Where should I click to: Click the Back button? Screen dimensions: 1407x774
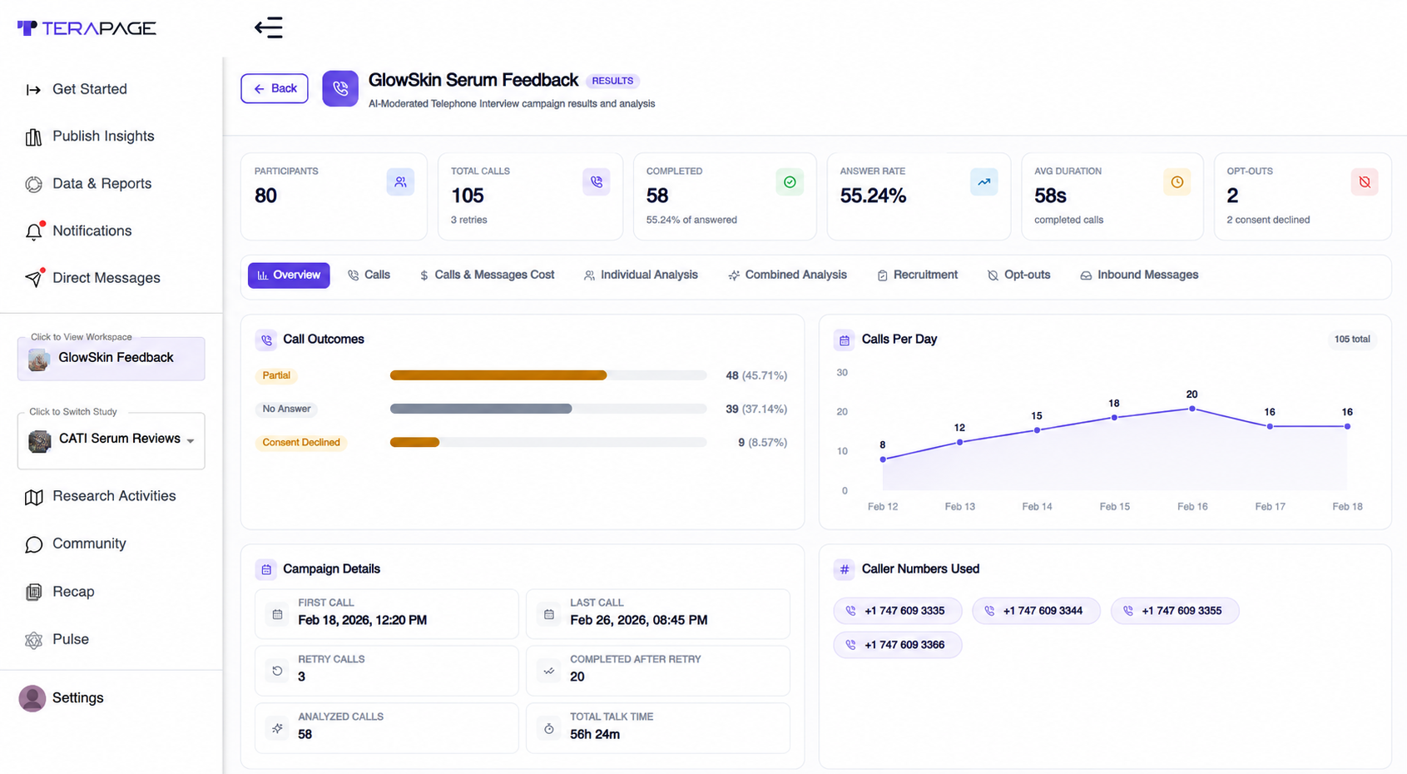275,88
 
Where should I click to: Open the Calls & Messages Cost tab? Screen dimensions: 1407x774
487,275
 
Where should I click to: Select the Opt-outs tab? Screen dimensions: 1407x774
1018,275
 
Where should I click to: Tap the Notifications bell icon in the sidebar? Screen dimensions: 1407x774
34,231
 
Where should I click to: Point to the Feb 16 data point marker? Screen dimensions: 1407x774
1192,409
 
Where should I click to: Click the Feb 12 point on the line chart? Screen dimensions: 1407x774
883,459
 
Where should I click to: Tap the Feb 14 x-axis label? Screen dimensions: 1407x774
1037,506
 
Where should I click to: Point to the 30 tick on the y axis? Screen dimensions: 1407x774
842,373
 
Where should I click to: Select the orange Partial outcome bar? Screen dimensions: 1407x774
498,375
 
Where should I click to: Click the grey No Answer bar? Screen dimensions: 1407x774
481,409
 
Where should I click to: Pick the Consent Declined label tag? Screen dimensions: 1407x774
301,442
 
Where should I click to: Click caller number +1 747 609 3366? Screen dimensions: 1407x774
898,645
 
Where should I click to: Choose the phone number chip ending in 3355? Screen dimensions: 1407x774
1175,611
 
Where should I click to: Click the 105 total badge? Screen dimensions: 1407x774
1352,340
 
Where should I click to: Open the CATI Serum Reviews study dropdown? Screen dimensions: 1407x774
111,439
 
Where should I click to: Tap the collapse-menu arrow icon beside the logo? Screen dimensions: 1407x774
268,27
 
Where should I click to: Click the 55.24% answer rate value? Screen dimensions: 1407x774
873,196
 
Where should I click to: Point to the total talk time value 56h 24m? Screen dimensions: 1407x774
595,734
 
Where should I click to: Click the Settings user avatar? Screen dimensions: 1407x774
32,698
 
